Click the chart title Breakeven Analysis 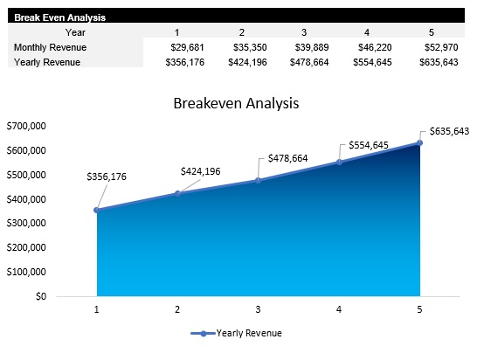point(236,102)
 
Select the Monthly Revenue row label point(51,47)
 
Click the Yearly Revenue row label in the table point(48,62)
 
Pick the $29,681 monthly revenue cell point(186,47)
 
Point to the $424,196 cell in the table point(248,62)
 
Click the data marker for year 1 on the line point(97,210)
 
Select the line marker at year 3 point(259,180)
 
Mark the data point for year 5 point(420,142)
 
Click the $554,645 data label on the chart point(369,145)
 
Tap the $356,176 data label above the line point(107,177)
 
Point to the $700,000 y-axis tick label point(26,127)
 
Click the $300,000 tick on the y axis point(26,224)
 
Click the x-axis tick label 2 point(177,309)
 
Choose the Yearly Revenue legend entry point(238,333)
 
